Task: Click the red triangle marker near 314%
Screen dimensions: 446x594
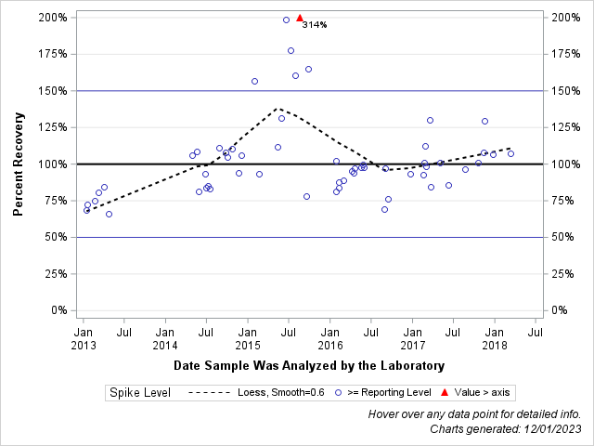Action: pos(300,18)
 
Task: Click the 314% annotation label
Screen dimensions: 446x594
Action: pos(315,25)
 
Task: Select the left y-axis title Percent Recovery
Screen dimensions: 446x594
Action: pos(19,164)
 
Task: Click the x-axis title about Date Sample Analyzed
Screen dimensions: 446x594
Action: pos(309,365)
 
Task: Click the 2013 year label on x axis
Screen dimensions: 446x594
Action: pos(83,345)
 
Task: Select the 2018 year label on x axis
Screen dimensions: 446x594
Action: pos(495,345)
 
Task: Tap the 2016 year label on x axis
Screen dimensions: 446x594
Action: pos(329,345)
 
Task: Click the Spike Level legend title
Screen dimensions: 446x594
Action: pos(140,393)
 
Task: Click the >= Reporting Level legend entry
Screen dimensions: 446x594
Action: pos(389,393)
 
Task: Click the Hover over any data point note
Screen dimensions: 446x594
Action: pos(474,414)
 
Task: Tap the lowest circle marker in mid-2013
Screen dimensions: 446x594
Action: pos(109,214)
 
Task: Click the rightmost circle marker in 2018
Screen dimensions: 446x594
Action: pos(510,153)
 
